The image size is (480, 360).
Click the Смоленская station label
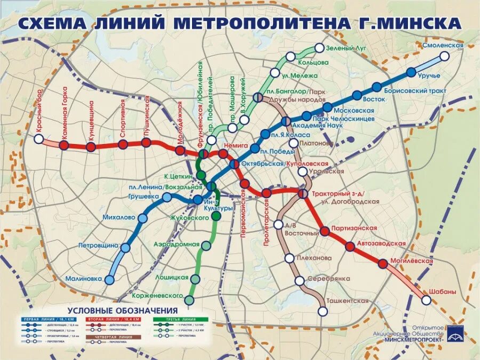443,46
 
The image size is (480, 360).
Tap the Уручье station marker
411,73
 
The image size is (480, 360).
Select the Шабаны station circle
426,300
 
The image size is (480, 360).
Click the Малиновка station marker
110,280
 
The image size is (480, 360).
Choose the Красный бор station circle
38,139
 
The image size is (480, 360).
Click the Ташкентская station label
348,301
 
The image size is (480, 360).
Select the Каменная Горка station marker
64,145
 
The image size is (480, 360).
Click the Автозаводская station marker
350,246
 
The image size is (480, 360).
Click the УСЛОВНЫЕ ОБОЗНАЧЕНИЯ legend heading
122,311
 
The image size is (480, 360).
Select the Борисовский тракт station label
422,91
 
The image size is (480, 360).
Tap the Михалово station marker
142,218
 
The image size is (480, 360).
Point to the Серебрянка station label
331,279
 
